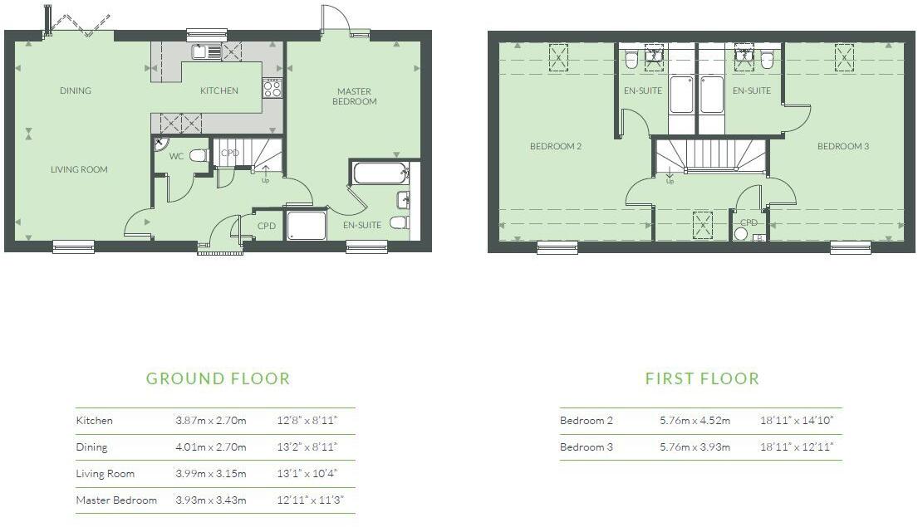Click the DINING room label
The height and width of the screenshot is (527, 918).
coord(75,90)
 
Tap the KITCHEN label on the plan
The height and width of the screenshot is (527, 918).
coord(219,90)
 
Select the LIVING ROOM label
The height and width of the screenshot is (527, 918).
coord(79,169)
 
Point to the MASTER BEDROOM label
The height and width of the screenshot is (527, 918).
coord(356,96)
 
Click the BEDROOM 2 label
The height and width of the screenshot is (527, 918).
coord(556,146)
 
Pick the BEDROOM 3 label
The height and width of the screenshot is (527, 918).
coord(842,146)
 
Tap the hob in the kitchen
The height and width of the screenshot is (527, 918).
coord(272,87)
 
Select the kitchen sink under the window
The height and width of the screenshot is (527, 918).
coord(207,51)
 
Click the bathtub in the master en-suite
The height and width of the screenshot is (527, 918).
coord(380,173)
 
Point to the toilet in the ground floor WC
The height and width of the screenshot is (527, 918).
coord(198,155)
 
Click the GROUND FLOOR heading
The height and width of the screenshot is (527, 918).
coord(218,378)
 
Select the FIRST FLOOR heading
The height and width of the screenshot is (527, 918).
coord(702,378)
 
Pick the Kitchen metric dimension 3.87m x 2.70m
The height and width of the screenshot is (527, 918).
coord(210,421)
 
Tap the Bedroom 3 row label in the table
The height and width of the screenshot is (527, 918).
coord(587,447)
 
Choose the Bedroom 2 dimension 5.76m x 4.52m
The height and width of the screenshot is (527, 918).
coord(695,421)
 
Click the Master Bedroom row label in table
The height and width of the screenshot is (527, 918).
coord(115,500)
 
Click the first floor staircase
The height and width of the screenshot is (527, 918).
coord(710,155)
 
